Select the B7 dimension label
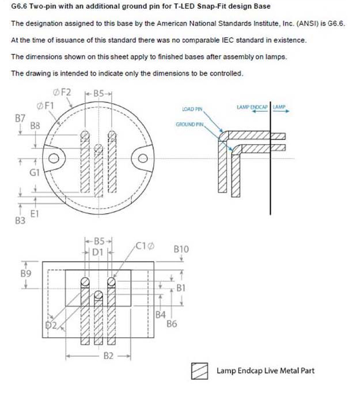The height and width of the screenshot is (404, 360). point(20,118)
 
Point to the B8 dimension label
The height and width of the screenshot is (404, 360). point(35,126)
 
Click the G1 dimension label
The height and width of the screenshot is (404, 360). point(35,172)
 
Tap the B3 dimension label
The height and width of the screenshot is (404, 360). point(20,221)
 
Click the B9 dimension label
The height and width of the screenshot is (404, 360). point(25,273)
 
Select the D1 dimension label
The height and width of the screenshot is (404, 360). point(97,252)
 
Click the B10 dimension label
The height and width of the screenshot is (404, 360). point(181,250)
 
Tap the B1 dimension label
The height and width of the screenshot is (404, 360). point(181,288)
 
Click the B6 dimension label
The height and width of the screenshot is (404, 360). point(172,324)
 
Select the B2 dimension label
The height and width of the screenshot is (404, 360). point(108,356)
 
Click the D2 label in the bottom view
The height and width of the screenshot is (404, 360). point(51,326)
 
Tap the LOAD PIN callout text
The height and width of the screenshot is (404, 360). point(192,109)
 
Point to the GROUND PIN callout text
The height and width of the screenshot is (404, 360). point(190,124)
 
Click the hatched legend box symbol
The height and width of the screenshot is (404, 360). point(199,371)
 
